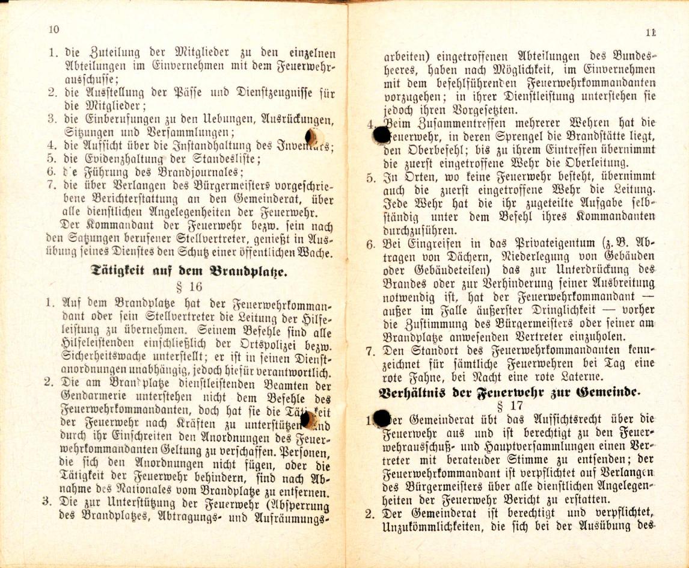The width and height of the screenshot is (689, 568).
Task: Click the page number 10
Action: coord(54,29)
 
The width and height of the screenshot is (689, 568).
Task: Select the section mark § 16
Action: coord(189,286)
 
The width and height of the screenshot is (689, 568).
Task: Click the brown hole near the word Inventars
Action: coord(312,137)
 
